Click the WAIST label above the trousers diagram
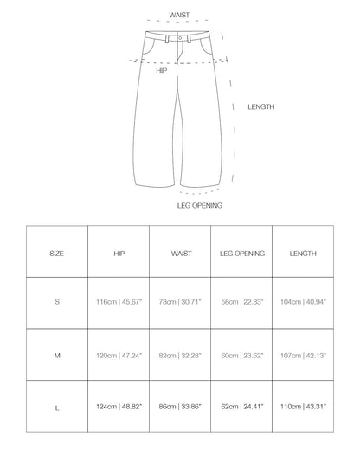click(180, 15)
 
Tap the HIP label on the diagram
click(161, 71)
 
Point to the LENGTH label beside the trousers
click(261, 107)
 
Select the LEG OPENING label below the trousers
click(200, 206)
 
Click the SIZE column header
click(56, 254)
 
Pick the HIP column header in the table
click(119, 254)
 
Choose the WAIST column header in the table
click(180, 254)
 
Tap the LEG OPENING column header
click(242, 254)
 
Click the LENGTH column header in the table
click(304, 254)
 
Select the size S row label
click(56, 304)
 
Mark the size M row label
click(56, 354)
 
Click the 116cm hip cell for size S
click(119, 304)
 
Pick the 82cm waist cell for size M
click(180, 354)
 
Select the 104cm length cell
click(304, 304)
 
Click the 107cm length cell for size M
click(304, 354)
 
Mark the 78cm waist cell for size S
click(180, 304)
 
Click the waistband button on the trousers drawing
click(179, 39)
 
